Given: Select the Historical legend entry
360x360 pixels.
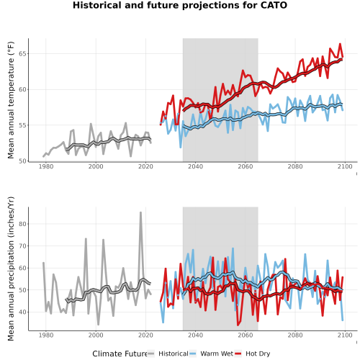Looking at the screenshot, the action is click(168, 354).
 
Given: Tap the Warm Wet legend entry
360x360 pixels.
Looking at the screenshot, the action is click(211, 354).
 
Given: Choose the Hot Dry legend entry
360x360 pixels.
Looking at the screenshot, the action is click(252, 354).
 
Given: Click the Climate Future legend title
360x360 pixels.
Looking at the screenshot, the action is click(120, 354).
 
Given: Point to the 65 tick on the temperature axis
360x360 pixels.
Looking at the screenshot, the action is click(22, 53).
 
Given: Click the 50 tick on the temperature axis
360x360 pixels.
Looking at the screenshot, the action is click(22, 161).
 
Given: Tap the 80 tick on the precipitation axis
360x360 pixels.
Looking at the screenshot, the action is click(22, 224).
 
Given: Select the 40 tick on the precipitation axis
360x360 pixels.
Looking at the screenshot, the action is click(22, 312).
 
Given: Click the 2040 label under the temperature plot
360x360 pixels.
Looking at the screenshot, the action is click(195, 166).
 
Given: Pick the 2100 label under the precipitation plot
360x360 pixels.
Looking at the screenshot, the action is click(345, 335).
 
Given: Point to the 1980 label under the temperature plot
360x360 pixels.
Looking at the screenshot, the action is click(46, 166).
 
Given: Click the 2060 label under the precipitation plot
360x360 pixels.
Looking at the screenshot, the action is click(246, 335).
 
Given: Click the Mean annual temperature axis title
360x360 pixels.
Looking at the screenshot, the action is click(11, 100).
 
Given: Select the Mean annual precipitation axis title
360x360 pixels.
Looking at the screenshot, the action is click(11, 269).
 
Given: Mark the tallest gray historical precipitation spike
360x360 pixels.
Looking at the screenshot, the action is click(140, 212).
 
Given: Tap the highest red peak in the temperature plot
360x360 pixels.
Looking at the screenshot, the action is click(340, 44).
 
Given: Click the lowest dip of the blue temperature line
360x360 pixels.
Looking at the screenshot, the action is click(181, 147).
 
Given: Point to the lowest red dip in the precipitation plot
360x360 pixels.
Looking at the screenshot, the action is click(238, 325).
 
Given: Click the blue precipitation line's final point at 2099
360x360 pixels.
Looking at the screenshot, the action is click(343, 320).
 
